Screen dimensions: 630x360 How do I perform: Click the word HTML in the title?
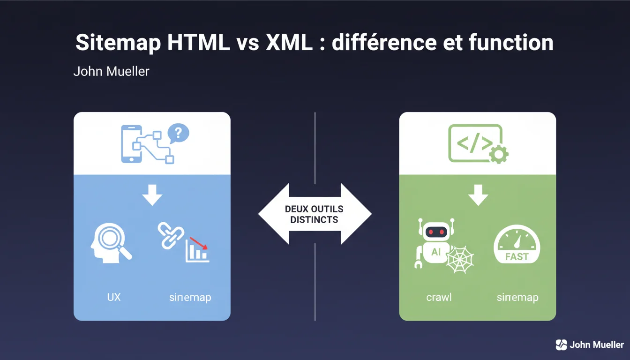[199, 42]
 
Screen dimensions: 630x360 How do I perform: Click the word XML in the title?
[289, 42]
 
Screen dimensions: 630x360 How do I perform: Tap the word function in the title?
[511, 42]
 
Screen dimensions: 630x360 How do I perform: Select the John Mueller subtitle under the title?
[112, 71]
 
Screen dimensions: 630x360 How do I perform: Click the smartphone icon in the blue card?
[131, 144]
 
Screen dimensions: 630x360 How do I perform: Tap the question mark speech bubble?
[178, 133]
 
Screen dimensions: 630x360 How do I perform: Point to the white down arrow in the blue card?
[152, 195]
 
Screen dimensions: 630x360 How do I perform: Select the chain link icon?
[171, 235]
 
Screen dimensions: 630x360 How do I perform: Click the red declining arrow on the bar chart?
[199, 243]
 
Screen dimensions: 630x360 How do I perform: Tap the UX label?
[114, 297]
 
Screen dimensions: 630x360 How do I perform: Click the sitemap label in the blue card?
[190, 298]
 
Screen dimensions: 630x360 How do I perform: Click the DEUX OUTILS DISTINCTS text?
[314, 214]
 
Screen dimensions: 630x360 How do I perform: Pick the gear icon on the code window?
[499, 154]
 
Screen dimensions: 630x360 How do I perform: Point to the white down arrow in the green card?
[478, 195]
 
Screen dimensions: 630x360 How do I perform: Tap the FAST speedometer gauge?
[517, 244]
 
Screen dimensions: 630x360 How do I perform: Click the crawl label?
[439, 297]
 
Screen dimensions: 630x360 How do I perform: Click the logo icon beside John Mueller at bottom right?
[562, 345]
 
